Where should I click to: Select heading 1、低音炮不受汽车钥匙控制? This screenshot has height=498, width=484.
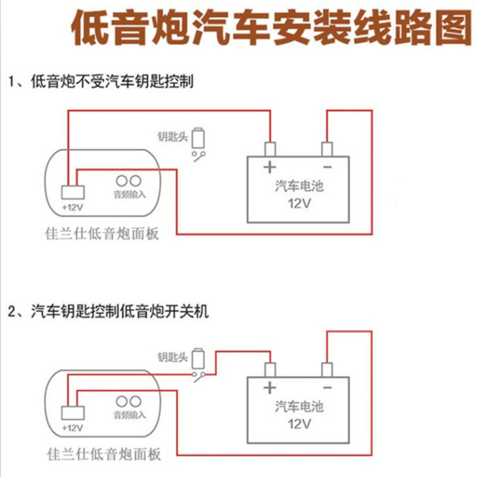coord(101,81)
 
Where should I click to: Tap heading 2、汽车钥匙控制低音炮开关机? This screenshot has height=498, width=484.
coord(108,312)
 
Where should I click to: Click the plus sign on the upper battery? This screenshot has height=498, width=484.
coord(269,167)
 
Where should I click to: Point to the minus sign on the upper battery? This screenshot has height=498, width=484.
coord(328,167)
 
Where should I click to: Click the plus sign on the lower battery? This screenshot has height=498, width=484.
coord(269,387)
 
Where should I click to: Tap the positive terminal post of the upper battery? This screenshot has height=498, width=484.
coord(270,149)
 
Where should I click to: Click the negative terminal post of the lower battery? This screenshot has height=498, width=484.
coord(327,370)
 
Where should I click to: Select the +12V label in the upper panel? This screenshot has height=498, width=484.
coord(73,207)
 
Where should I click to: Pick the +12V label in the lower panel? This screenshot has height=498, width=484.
coord(73,428)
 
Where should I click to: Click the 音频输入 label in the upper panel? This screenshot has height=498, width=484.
coord(129,195)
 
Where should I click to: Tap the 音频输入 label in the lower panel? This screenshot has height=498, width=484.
coord(129,415)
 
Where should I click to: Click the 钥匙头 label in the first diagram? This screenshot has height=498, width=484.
coord(172,137)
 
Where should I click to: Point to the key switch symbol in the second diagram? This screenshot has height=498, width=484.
coord(198,376)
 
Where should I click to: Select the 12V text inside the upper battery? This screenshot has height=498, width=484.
coord(299,204)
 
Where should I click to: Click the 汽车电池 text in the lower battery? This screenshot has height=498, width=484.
coord(299,406)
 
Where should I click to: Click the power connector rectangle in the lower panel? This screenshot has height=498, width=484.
coord(73,413)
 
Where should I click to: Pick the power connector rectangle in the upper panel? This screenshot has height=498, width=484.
coord(73,192)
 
